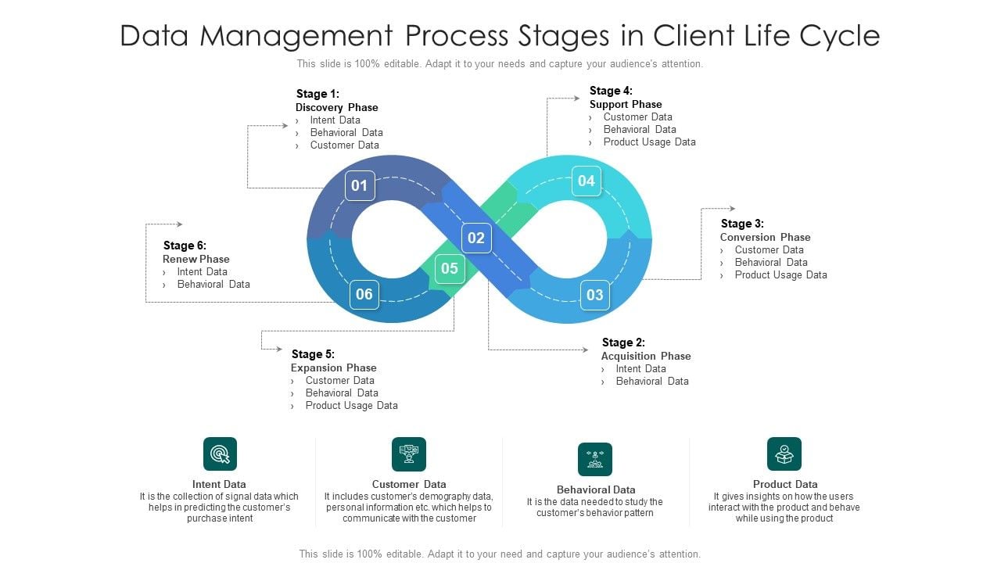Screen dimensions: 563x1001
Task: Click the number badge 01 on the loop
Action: [x=360, y=186]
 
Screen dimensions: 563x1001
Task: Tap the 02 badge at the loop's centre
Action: [x=476, y=238]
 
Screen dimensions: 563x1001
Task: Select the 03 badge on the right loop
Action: [x=595, y=295]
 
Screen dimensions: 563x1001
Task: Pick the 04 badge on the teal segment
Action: [x=587, y=181]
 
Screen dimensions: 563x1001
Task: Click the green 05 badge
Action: [x=450, y=269]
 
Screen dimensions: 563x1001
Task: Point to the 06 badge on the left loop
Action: [x=364, y=295]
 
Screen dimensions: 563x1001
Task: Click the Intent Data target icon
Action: [x=220, y=454]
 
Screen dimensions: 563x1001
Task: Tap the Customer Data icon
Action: [x=409, y=454]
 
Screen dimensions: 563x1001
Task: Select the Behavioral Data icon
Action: [x=595, y=460]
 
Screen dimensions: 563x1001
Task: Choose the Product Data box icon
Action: [x=784, y=454]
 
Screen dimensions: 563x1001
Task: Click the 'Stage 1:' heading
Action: [x=318, y=94]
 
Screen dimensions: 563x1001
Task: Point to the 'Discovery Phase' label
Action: [x=336, y=107]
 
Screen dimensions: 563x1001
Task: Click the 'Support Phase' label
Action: [x=626, y=104]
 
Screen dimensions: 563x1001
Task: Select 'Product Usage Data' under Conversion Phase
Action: [x=780, y=274]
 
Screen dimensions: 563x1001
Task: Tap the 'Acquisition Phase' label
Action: [x=646, y=356]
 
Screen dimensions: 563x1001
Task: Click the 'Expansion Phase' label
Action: [x=333, y=368]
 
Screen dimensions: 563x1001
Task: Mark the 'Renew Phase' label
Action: [x=196, y=259]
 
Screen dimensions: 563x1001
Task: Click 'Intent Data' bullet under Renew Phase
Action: [x=202, y=271]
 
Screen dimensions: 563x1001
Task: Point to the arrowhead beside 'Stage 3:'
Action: [x=732, y=209]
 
